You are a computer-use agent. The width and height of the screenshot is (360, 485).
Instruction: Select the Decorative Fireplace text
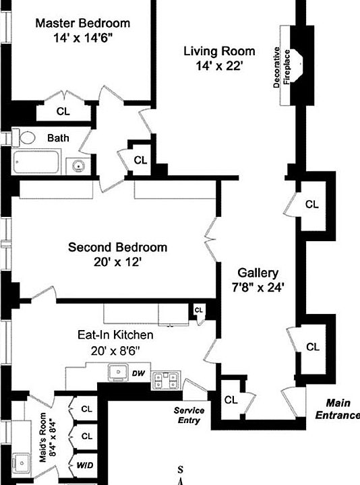pyautogui.click(x=282, y=67)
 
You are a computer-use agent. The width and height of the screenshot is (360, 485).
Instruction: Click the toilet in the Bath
pyautogui.click(x=26, y=138)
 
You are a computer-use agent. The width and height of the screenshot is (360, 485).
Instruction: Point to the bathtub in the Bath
pyautogui.click(x=39, y=164)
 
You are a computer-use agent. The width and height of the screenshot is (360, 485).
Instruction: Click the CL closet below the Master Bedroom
pyautogui.click(x=63, y=111)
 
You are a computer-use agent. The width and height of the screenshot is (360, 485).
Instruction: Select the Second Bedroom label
pyautogui.click(x=117, y=247)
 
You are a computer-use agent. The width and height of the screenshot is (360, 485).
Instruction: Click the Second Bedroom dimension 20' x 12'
pyautogui.click(x=118, y=262)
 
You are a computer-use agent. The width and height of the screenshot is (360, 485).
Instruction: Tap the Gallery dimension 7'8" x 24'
pyautogui.click(x=258, y=287)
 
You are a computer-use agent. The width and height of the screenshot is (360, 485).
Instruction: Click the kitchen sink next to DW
pyautogui.click(x=117, y=372)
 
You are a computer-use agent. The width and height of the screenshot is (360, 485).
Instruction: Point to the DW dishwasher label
pyautogui.click(x=138, y=373)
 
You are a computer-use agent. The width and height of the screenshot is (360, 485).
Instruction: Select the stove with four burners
pyautogui.click(x=165, y=381)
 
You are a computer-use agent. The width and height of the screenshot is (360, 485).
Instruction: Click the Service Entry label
pyautogui.click(x=189, y=415)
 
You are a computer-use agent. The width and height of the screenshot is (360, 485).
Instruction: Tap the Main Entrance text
pyautogui.click(x=337, y=409)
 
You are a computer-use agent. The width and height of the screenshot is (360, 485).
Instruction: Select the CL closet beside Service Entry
pyautogui.click(x=231, y=399)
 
